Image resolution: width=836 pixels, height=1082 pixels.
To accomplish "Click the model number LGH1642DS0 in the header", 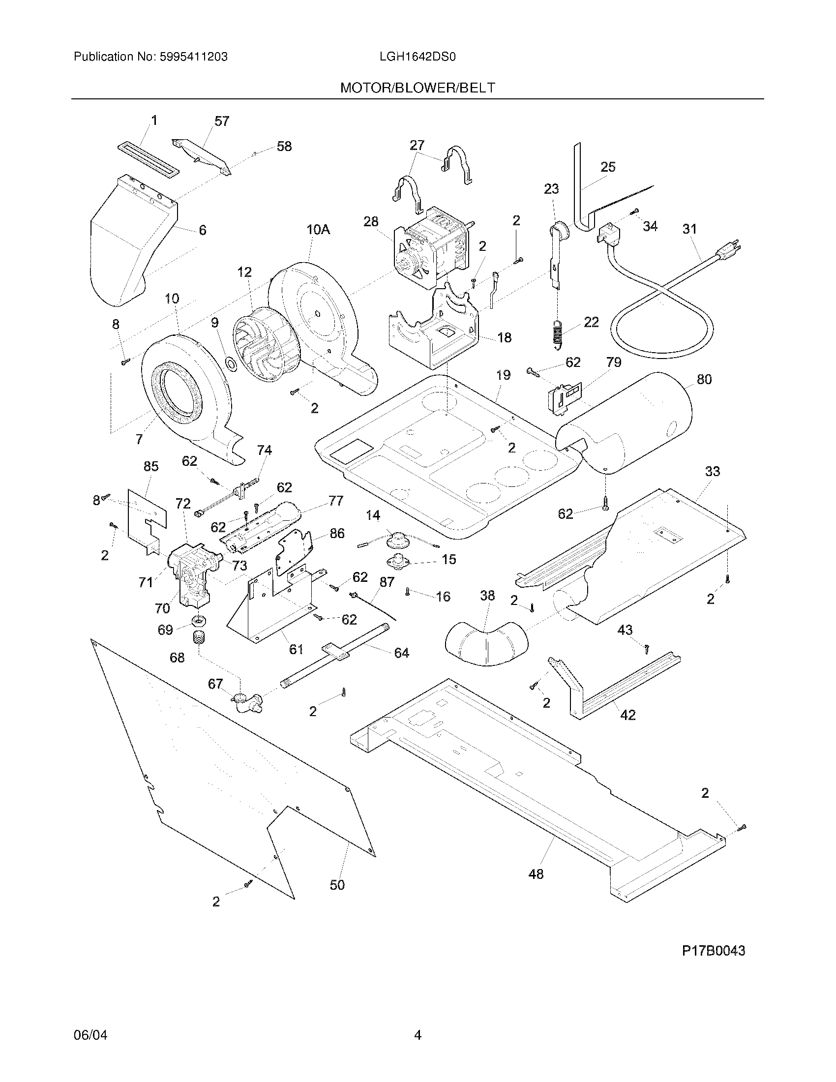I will click(417, 57).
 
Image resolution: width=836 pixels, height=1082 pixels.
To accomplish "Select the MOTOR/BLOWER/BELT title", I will click(417, 88).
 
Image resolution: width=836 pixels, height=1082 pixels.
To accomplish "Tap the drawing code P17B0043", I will click(713, 951).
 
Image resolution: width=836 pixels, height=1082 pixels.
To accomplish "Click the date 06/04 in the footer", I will click(90, 1035).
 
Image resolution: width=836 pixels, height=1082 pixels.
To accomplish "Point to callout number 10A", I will click(318, 229).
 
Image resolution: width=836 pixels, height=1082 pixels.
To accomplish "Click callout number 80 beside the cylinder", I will click(704, 380).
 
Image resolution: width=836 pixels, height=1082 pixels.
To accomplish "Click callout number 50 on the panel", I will click(337, 885).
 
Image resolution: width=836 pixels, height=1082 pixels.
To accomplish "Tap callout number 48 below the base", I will click(536, 874).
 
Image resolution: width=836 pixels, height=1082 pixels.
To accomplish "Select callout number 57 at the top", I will click(221, 121).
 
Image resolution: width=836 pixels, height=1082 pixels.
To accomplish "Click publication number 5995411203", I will click(193, 57).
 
